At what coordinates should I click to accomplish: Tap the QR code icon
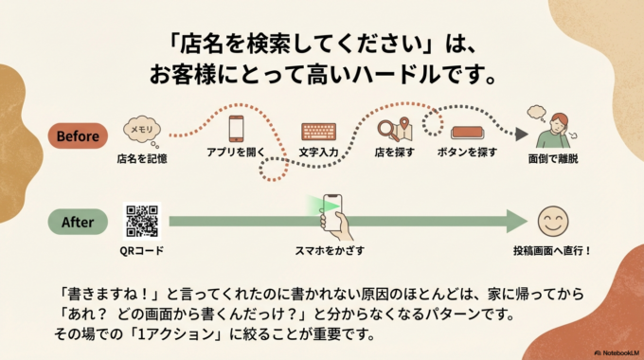[x=142, y=220]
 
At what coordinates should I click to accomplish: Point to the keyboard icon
[x=318, y=133]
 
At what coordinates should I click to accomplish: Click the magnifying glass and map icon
[x=392, y=130]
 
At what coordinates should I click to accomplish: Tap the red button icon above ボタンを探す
[x=468, y=132]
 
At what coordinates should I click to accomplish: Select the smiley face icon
[x=552, y=222]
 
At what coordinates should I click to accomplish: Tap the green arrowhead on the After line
[x=515, y=222]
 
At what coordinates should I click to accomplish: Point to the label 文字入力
[x=319, y=152]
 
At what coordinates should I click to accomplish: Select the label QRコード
[x=142, y=250]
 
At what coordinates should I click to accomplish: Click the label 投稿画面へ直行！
[x=553, y=250]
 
